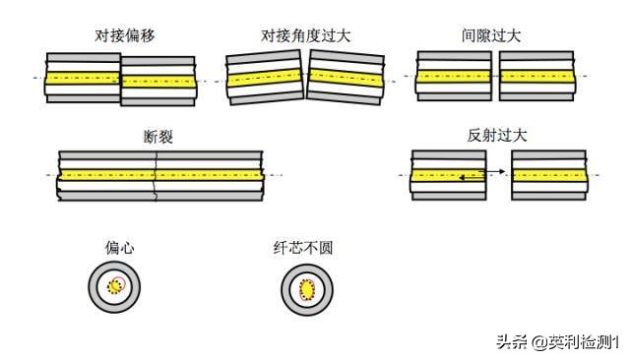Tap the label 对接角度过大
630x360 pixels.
tap(306, 35)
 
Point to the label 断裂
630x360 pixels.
tap(158, 137)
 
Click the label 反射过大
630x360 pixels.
tap(497, 136)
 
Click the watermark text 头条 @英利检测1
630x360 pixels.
tap(556, 342)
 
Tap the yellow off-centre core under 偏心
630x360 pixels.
tap(116, 286)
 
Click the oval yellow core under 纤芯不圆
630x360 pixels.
tap(306, 289)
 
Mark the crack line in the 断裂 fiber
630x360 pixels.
tap(155, 175)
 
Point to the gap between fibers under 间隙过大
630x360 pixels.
tap(495, 75)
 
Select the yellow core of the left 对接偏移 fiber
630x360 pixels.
tap(84, 75)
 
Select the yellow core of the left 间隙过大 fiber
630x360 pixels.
tap(454, 75)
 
